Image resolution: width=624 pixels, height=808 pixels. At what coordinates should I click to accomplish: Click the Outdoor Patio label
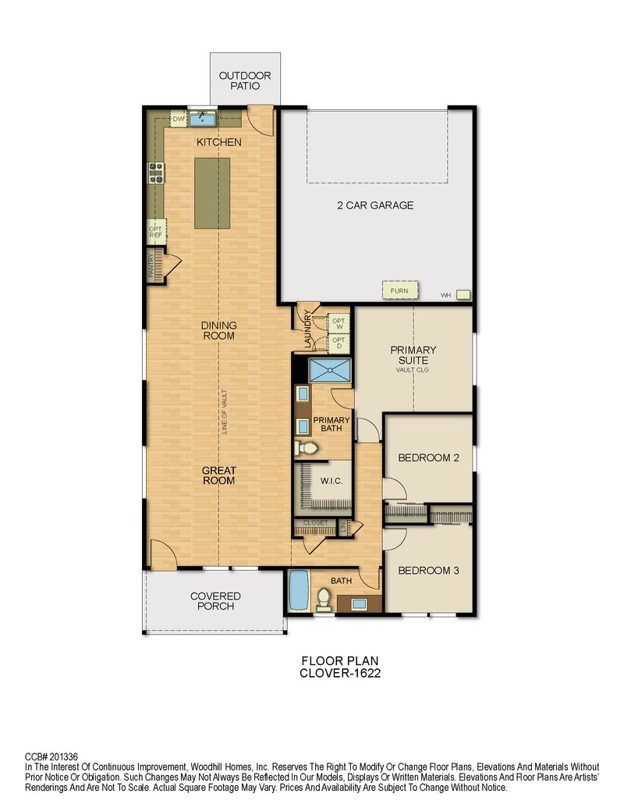tap(245, 81)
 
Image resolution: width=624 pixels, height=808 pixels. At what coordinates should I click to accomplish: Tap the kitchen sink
tap(202, 119)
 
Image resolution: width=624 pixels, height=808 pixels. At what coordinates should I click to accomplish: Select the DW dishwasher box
tap(178, 119)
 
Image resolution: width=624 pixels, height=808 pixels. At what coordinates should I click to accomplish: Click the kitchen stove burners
tap(156, 173)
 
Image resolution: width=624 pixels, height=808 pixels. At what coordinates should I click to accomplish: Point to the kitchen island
tap(212, 193)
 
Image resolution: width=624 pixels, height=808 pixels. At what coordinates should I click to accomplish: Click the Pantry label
tap(151, 266)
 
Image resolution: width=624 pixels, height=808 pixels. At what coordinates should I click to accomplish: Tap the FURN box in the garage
tap(399, 290)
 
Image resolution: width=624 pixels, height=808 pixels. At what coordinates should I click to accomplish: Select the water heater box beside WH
tap(463, 295)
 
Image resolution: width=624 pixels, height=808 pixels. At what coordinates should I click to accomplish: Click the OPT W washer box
tap(339, 324)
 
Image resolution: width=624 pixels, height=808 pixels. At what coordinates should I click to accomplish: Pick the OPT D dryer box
tap(339, 343)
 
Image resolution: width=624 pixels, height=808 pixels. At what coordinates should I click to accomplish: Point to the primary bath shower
tap(329, 370)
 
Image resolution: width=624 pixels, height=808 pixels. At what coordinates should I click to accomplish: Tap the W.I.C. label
tap(331, 481)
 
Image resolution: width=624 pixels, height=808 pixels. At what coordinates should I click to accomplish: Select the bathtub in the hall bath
tap(298, 590)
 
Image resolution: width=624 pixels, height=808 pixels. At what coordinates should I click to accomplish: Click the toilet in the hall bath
tap(324, 598)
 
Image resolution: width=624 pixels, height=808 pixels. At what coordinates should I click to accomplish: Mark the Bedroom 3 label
tap(428, 571)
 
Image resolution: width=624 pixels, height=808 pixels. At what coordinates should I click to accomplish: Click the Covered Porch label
tap(215, 601)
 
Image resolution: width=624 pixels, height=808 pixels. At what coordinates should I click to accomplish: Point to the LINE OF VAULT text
tap(225, 411)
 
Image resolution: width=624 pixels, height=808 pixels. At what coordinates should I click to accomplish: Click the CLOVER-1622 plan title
tap(340, 673)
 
